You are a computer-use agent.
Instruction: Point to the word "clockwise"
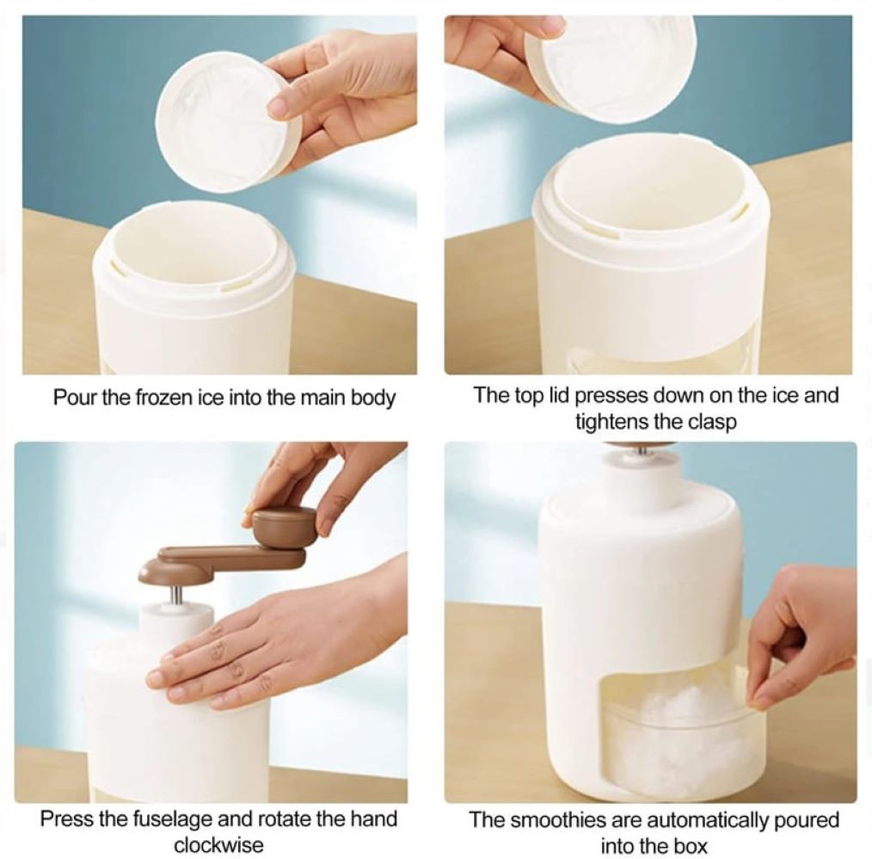tap(218, 845)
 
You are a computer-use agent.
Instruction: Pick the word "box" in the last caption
tap(691, 846)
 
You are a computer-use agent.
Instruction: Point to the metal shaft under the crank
tap(175, 596)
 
